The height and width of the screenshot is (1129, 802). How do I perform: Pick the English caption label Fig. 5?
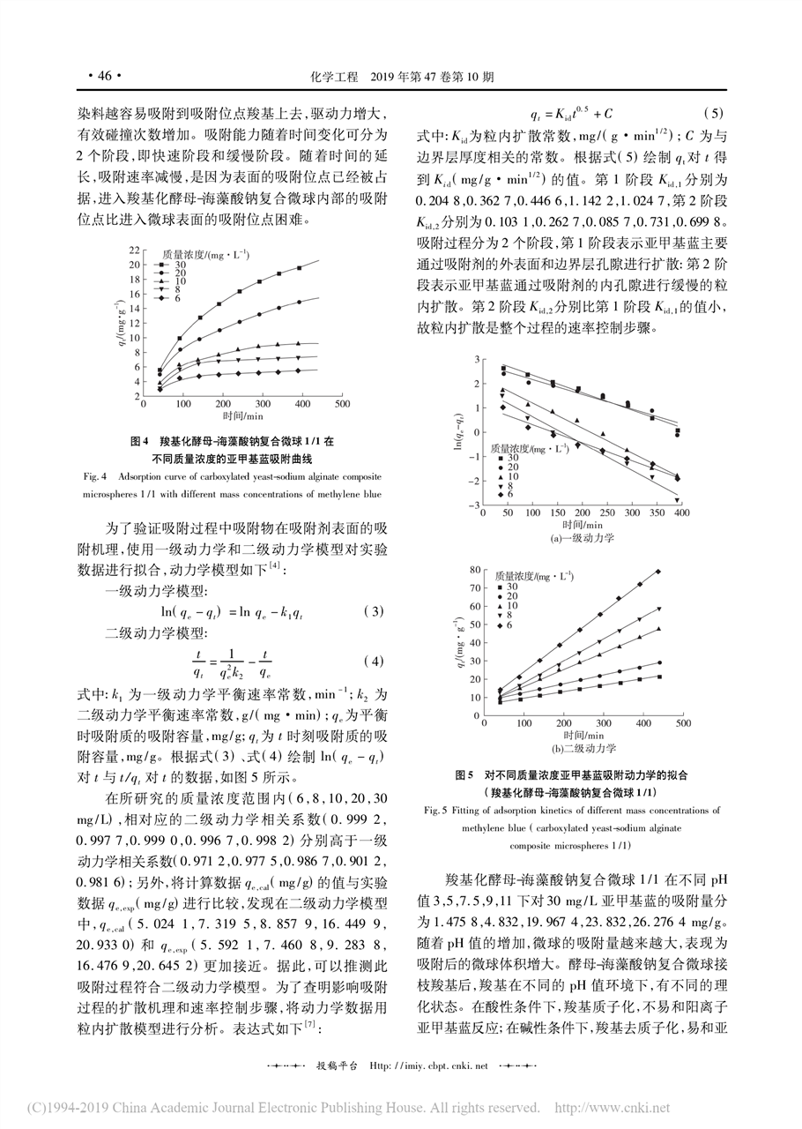coord(437,807)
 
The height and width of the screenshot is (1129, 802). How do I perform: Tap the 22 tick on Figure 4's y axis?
coord(134,250)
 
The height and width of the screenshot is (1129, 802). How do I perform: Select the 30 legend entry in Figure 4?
coord(180,264)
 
